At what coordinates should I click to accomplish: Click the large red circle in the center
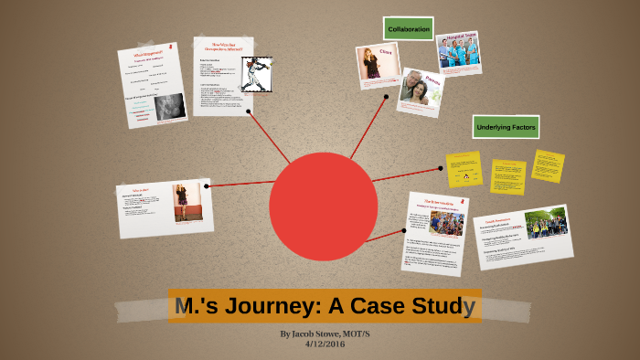point(323,206)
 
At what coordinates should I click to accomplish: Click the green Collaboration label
point(409,29)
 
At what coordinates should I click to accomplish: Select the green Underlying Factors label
point(505,126)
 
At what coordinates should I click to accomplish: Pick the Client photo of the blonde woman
point(373,63)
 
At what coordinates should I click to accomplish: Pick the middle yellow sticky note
point(507,176)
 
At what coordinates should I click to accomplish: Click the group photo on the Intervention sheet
point(446,224)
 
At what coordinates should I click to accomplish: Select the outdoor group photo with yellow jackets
point(546,223)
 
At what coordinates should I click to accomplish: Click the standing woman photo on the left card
point(187,202)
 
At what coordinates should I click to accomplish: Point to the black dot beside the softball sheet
point(251,112)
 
